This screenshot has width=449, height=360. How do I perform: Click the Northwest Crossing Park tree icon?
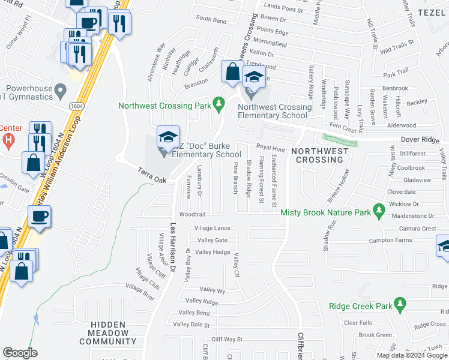[x=218, y=105]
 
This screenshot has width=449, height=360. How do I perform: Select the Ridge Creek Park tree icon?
[x=397, y=305]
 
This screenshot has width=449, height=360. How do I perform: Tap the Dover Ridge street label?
[x=420, y=139]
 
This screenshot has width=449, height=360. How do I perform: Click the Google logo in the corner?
[x=20, y=353]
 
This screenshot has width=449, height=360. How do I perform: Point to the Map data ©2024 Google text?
[x=411, y=355]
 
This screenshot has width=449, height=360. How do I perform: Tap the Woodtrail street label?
[x=192, y=214]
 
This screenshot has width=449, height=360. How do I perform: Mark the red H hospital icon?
[x=7, y=140]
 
